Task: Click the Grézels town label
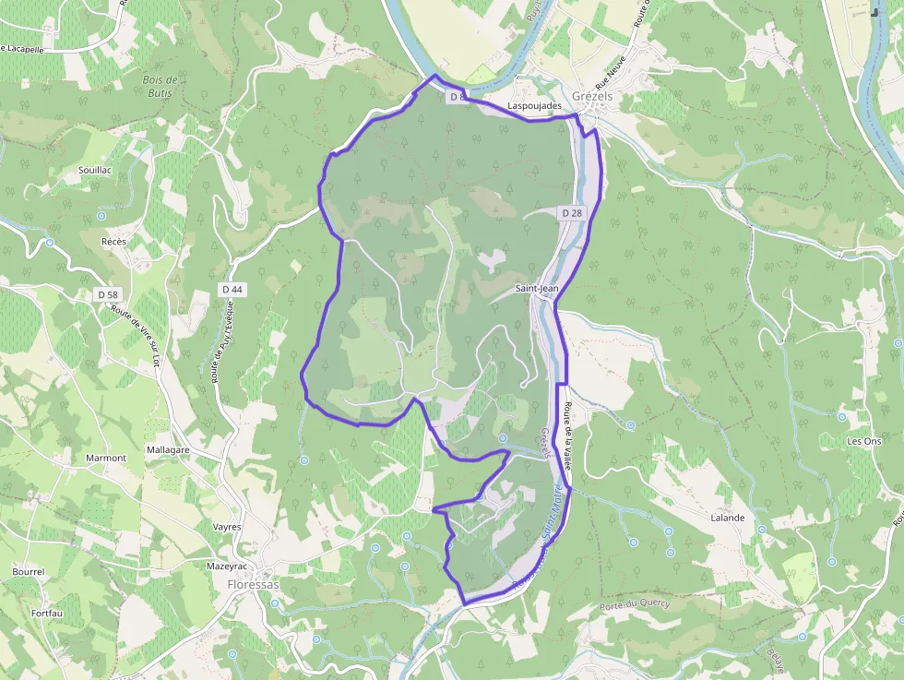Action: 592,95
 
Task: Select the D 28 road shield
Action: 572,213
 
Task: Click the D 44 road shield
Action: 232,290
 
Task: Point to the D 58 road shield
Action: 108,294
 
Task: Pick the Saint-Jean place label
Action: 537,289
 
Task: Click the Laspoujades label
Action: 535,107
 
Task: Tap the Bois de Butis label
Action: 161,86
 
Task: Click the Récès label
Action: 113,241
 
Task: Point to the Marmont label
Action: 105,458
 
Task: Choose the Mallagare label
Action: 168,449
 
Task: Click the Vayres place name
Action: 226,527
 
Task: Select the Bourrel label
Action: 29,572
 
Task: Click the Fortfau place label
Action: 46,613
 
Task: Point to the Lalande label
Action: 727,518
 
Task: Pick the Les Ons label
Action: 864,441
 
